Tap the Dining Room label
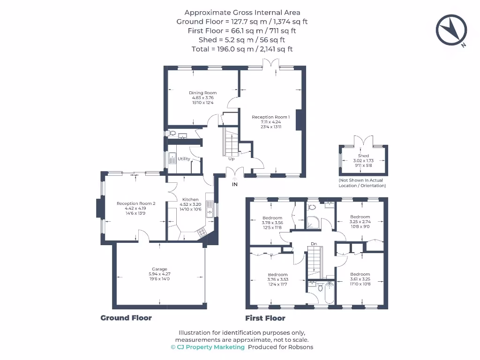(202, 93)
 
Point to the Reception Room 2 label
(135, 203)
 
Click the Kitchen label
(190, 199)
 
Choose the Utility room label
(184, 159)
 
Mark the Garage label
(159, 269)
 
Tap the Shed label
(363, 156)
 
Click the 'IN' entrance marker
(235, 184)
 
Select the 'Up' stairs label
(231, 159)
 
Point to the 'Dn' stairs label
(314, 244)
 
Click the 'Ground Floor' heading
(126, 318)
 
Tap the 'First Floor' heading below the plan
(265, 318)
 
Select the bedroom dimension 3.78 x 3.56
(272, 223)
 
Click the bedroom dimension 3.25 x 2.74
(360, 222)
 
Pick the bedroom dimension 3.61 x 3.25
(360, 279)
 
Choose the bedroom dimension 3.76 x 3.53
(277, 279)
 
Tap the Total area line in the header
(242, 49)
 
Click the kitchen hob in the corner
(202, 232)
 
